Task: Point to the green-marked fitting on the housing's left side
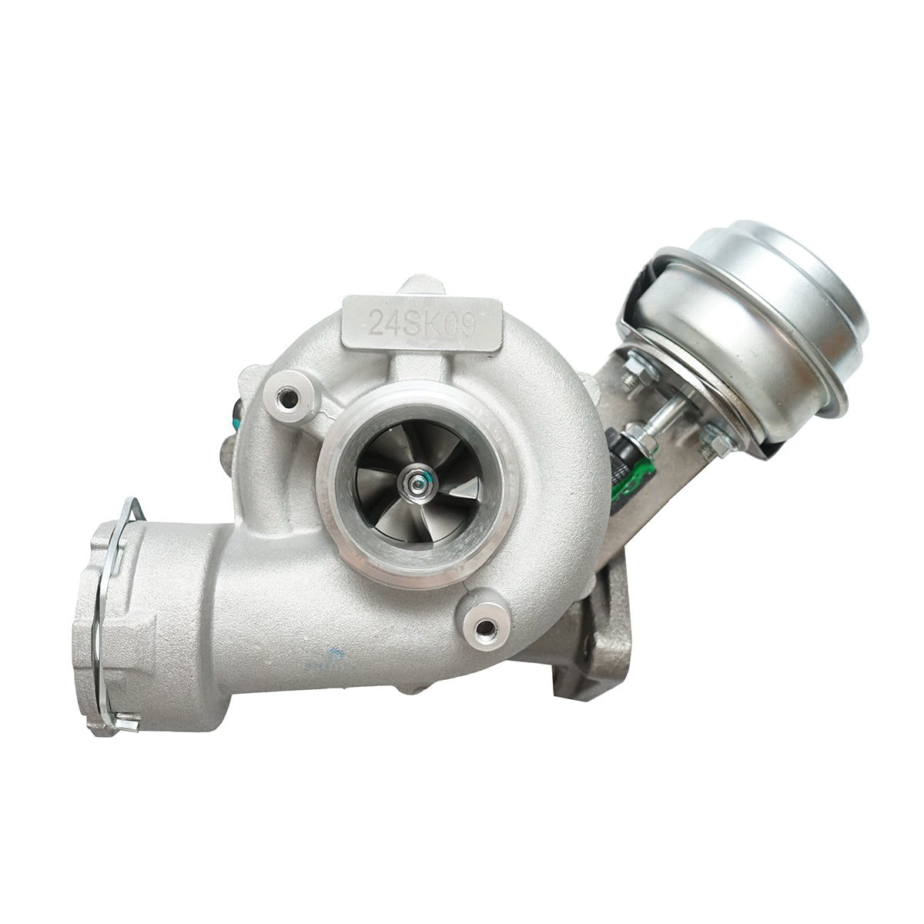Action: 233,416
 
